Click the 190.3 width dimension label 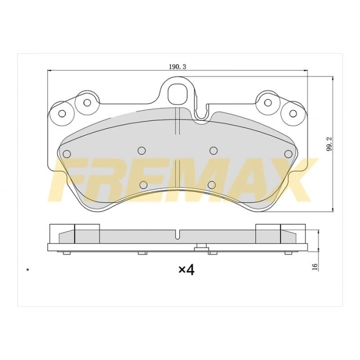click(177, 67)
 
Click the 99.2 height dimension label click(329, 146)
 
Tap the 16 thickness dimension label click(315, 266)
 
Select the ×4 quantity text click(186, 270)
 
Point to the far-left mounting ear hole click(62, 114)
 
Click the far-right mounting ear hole click(293, 114)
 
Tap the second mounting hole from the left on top click(87, 103)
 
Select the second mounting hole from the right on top click(268, 103)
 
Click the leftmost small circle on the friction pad click(66, 154)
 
